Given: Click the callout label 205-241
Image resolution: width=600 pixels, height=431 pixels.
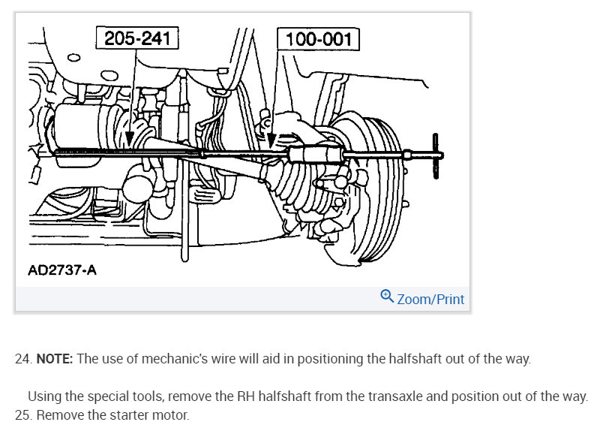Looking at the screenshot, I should point(137,38).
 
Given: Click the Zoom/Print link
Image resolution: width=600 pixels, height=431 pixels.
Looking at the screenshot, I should point(430,299).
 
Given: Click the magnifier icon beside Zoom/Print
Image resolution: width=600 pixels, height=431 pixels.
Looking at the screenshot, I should point(387,297).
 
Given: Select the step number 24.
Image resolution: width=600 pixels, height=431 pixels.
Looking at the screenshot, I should point(22,359).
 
